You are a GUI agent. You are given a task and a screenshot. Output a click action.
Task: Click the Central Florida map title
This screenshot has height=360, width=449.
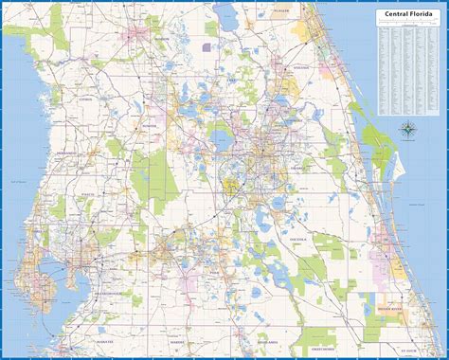coord(407,14)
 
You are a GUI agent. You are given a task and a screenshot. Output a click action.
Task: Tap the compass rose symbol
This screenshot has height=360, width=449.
coord(407,130)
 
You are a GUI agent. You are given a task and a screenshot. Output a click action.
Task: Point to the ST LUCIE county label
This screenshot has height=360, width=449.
coord(410,348)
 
